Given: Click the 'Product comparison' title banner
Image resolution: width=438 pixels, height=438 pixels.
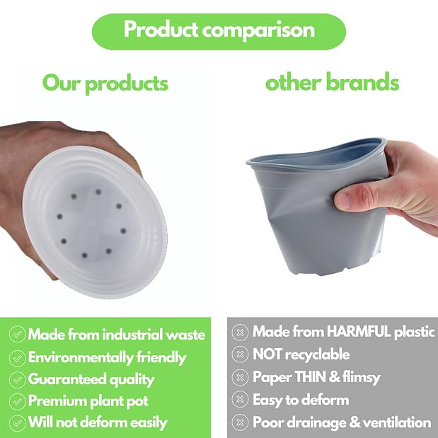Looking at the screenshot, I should [x=219, y=30].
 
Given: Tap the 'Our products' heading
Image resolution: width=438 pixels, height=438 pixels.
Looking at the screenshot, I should [x=105, y=83].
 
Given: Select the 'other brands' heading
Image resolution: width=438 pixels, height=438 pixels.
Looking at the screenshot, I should [x=332, y=83].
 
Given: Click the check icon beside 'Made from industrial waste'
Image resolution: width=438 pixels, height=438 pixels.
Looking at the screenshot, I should [x=16, y=334].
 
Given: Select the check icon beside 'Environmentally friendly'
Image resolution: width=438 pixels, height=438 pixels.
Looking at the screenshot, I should [x=16, y=357].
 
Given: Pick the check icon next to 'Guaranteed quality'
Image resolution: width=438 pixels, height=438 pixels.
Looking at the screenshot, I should [x=16, y=379].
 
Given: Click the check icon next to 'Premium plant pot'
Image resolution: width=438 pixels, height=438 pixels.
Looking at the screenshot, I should [x=16, y=401].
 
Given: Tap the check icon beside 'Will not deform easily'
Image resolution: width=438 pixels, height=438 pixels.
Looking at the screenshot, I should [x=16, y=423].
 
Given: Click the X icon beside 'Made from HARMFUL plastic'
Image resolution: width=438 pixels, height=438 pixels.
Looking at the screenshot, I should [x=241, y=332].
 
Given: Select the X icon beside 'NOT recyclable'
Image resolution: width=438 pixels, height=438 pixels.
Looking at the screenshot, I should [x=241, y=355].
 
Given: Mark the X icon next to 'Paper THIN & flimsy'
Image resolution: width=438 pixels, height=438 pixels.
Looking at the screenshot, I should [x=241, y=377].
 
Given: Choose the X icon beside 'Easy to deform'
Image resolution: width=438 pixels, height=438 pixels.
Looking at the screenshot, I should [x=241, y=400].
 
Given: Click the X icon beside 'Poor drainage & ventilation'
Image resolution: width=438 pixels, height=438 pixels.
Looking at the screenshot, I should [x=241, y=422].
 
